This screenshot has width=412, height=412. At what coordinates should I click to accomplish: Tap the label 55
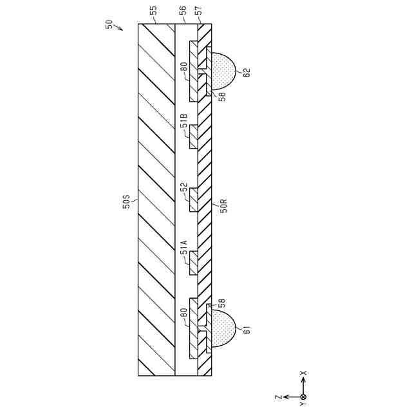click(x=153, y=11)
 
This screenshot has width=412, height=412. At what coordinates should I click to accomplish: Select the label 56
click(x=183, y=11)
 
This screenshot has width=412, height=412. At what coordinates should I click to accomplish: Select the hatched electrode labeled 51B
click(x=193, y=136)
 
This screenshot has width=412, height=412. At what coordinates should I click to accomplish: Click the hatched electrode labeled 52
click(x=193, y=200)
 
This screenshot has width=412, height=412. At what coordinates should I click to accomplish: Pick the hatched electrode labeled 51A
click(x=193, y=263)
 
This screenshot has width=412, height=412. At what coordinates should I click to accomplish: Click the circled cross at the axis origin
click(x=303, y=397)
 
